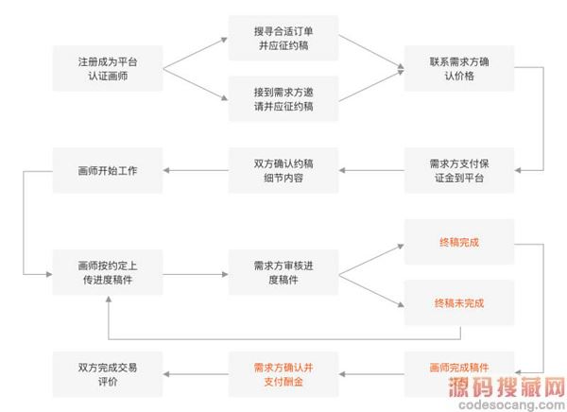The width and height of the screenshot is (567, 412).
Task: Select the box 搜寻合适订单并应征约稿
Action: coord(283,38)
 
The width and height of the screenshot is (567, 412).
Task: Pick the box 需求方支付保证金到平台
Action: coord(459,170)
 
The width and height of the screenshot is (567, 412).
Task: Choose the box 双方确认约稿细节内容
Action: coord(283,170)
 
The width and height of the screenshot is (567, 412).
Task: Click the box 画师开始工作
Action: coord(107,170)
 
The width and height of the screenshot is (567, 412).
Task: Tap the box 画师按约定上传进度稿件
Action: coord(107,273)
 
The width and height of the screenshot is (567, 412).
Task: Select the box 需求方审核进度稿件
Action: coord(283,273)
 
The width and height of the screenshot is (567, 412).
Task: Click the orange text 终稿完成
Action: coord(459,242)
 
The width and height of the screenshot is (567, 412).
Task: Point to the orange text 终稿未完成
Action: coord(459,303)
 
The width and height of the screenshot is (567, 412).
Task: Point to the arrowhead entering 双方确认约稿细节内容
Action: coord(344,170)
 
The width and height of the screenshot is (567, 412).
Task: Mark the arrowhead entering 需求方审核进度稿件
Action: coord(223,273)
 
